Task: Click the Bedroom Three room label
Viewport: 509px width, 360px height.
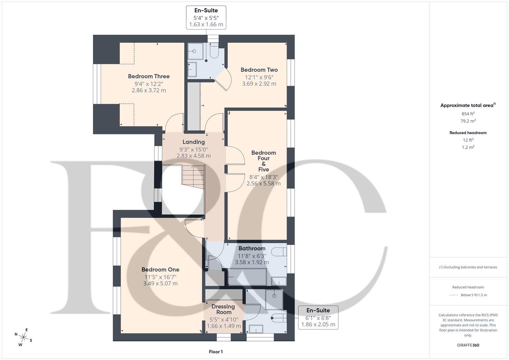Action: pos(149,76)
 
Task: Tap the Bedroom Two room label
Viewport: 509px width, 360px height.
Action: pos(259,70)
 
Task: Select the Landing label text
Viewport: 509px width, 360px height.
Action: pos(193,142)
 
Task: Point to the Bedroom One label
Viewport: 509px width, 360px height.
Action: pos(160,269)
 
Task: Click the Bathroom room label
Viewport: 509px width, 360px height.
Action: pos(252,248)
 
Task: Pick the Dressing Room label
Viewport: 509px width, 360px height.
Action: pos(223,309)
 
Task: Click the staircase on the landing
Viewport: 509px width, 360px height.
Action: pos(193,177)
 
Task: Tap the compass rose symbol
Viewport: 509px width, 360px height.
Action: pos(23,337)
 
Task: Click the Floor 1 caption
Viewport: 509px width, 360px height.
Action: pos(216,352)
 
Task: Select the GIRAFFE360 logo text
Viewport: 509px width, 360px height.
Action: pos(468,345)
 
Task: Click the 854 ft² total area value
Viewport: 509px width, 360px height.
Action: pos(468,114)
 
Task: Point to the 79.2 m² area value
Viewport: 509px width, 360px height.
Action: pos(468,121)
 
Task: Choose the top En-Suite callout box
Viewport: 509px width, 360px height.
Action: pos(206,17)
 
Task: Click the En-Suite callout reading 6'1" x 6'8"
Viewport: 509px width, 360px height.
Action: pos(318,317)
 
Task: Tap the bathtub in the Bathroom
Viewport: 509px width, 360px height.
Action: pos(247,277)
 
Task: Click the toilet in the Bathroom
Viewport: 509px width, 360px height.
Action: pos(279,252)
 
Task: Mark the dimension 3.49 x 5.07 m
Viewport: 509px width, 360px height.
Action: pos(160,284)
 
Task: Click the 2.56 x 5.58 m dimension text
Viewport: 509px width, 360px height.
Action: pos(263,183)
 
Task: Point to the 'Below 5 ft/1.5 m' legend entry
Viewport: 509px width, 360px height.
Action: pos(473,295)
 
